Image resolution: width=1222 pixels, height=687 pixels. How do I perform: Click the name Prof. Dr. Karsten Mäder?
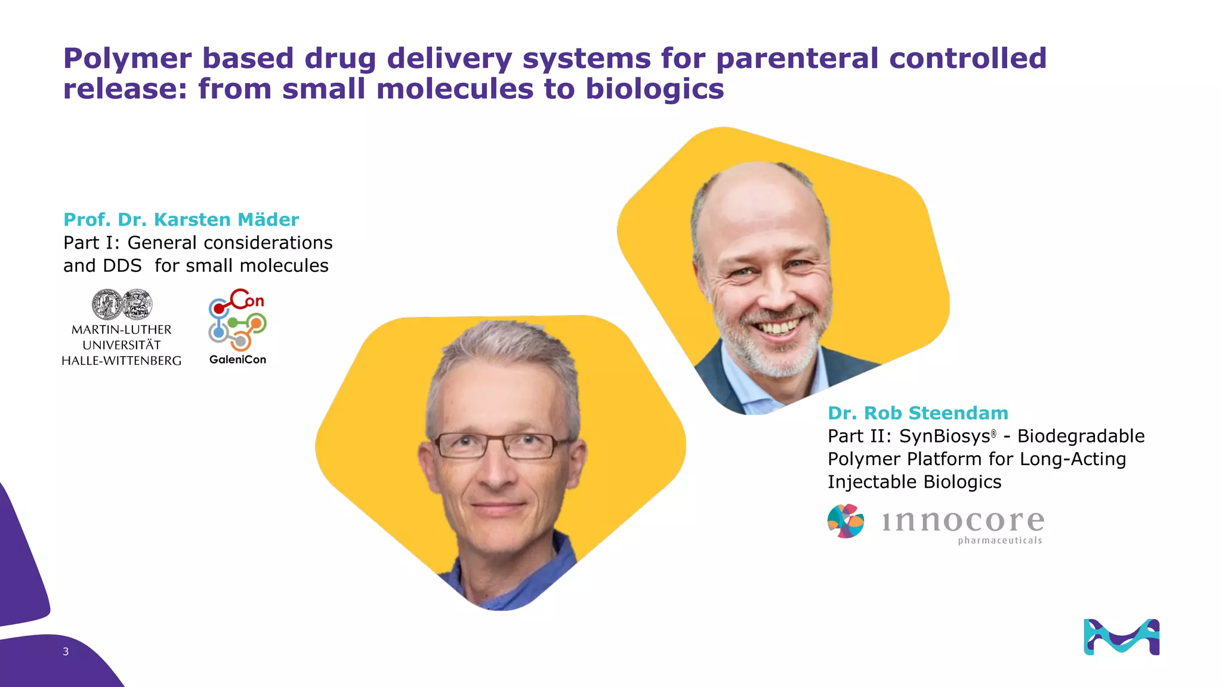[x=181, y=219]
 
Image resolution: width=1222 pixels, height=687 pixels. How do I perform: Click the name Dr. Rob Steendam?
[x=918, y=413]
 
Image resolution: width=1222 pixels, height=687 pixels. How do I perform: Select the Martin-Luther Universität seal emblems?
[x=122, y=305]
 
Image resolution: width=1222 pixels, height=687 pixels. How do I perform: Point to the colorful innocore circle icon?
[x=845, y=521]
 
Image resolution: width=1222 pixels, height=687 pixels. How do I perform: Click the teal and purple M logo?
[x=1121, y=637]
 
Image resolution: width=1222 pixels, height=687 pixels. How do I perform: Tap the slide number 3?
[x=66, y=652]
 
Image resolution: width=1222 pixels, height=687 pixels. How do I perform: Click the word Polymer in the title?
[x=128, y=59]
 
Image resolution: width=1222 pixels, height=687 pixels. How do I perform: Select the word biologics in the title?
[x=655, y=89]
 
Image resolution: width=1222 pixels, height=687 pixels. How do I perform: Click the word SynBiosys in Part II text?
[x=945, y=436]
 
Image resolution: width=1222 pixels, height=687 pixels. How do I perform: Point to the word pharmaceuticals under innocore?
[x=999, y=540]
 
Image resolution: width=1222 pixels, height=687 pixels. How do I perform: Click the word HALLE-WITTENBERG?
[x=122, y=361]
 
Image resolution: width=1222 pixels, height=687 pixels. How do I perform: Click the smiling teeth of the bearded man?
[x=777, y=327]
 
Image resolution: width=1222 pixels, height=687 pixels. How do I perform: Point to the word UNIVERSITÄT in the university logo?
[x=122, y=345]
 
